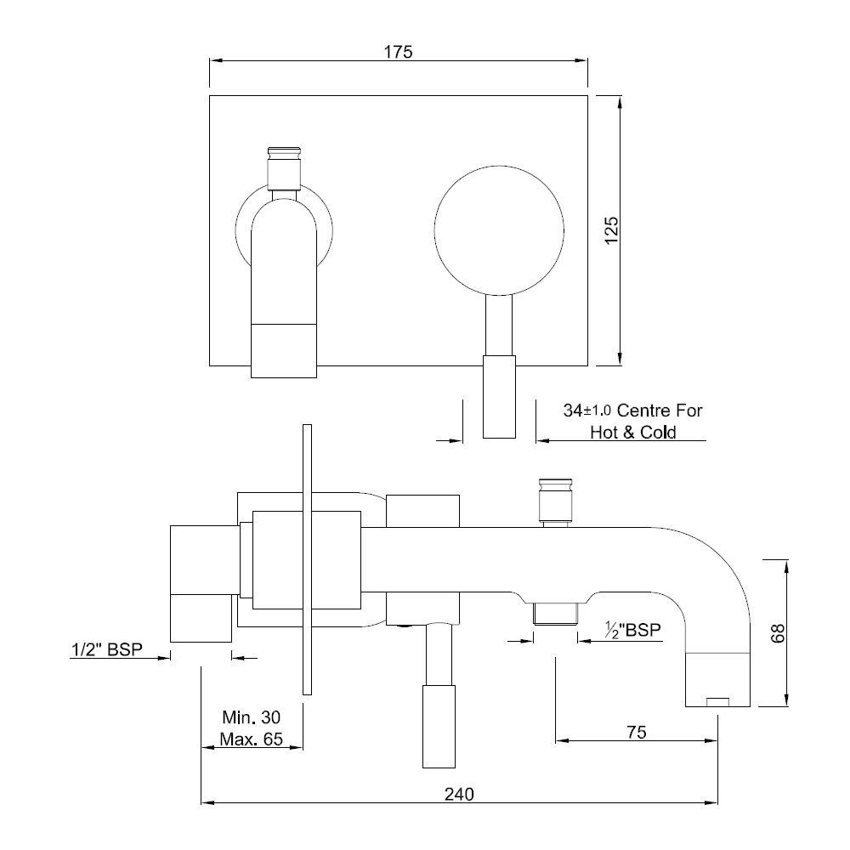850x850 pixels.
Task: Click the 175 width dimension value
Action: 398,52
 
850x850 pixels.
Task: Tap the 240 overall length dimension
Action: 459,794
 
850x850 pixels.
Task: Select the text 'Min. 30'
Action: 251,716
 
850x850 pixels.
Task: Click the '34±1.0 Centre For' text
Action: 633,411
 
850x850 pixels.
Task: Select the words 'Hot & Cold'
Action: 633,433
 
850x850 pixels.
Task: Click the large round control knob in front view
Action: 499,229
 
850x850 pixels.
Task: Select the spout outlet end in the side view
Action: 718,680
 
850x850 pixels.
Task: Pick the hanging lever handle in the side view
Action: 439,722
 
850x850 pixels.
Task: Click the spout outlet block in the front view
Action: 283,348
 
